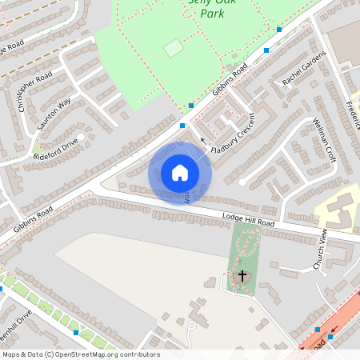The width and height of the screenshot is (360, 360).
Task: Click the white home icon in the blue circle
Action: click(180, 172)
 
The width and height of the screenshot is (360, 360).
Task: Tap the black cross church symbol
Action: click(242, 276)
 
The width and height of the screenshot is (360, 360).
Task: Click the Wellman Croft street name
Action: click(326, 141)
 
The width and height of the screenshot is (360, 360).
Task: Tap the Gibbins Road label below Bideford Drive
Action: click(33, 219)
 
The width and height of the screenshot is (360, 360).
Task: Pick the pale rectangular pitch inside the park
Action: click(173, 48)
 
